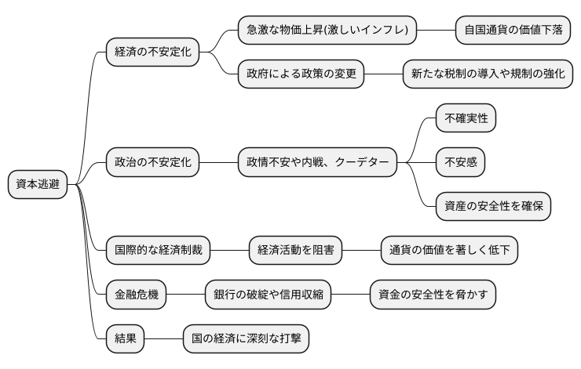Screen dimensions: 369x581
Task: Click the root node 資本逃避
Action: coord(38,185)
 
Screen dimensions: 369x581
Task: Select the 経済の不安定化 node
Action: coord(152,52)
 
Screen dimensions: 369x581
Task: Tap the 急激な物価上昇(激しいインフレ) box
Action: coord(327,31)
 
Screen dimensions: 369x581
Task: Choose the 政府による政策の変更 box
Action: coord(301,74)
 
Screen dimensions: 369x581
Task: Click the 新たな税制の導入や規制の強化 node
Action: coord(488,74)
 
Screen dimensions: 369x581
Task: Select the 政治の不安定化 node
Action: coord(152,163)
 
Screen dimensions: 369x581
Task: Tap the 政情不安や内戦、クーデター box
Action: coord(317,163)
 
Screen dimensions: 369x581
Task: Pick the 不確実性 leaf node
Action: coord(466,119)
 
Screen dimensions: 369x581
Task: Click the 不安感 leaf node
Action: coord(461,163)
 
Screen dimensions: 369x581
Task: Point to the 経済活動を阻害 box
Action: coord(295,251)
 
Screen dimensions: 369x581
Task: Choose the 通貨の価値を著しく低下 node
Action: coord(449,251)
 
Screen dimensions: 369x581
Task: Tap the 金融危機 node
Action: coord(136,295)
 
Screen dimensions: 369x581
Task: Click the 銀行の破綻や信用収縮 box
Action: coord(268,295)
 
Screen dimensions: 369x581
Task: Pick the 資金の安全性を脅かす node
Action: coord(433,295)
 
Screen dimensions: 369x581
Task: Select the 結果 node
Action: coord(125,338)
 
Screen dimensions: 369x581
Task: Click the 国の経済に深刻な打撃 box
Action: coord(246,338)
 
